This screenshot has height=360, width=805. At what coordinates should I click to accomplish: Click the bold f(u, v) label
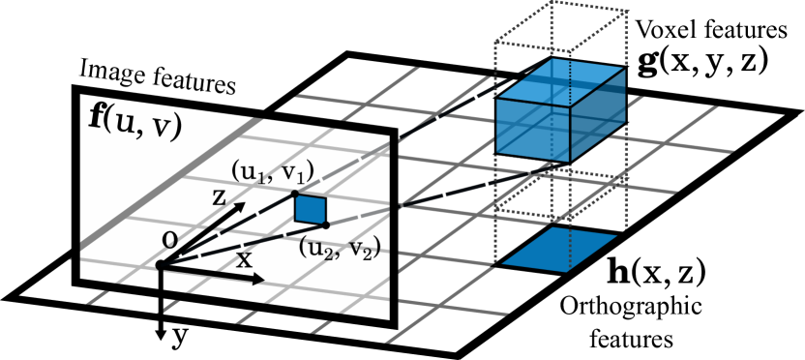click(x=134, y=122)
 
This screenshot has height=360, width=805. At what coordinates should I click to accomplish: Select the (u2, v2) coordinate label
click(x=339, y=248)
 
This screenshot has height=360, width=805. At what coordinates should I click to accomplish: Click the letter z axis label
click(x=220, y=198)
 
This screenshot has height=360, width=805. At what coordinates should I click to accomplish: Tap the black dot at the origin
click(x=160, y=265)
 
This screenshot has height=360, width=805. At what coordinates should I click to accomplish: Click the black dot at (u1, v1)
click(x=295, y=195)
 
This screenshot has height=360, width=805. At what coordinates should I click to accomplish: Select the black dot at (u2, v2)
click(x=326, y=225)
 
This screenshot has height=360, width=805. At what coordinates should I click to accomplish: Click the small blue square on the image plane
click(x=311, y=209)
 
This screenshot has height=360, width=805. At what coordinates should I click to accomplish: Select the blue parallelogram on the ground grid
click(x=559, y=249)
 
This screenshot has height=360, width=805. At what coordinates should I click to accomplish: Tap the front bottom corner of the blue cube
click(x=569, y=161)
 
